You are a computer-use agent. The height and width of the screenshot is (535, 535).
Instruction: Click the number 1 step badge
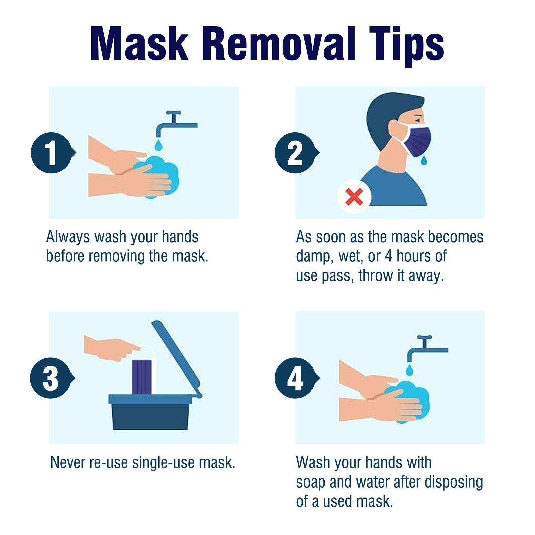tap(51, 153)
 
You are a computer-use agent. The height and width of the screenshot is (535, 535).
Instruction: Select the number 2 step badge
tap(295, 153)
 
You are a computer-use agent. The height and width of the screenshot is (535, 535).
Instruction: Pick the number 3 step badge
tap(51, 378)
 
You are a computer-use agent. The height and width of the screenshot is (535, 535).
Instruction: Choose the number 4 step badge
tap(295, 378)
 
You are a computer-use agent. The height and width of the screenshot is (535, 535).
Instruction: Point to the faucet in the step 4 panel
tap(425, 349)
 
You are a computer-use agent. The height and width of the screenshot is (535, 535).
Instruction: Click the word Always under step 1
tap(68, 237)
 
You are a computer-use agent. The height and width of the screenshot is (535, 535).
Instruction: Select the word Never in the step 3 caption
tap(68, 462)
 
